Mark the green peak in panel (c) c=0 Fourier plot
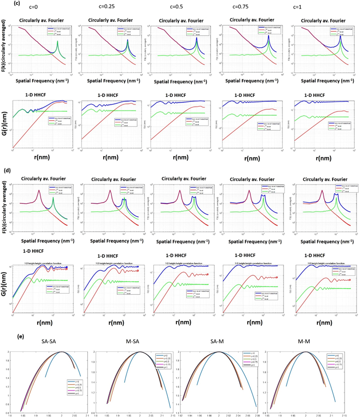pyautogui.click(x=58, y=42)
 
